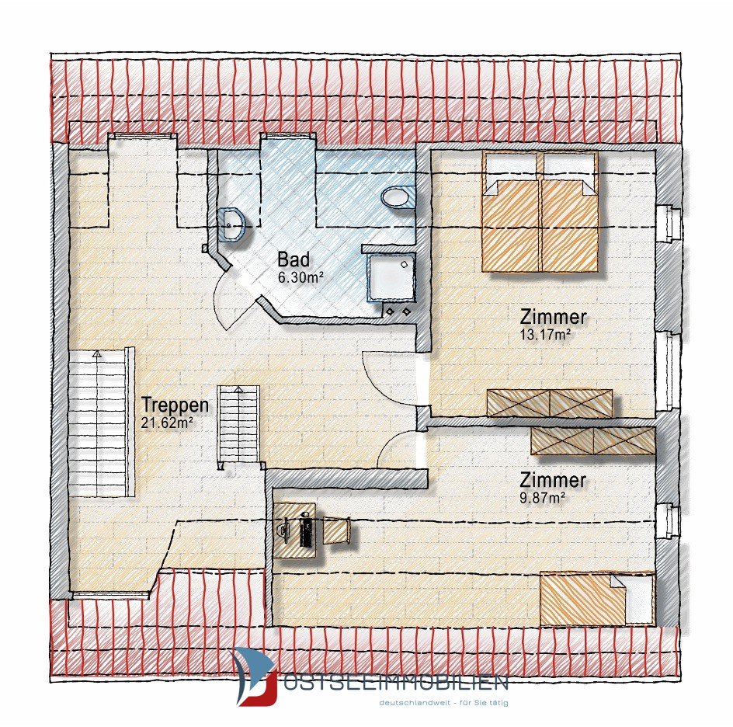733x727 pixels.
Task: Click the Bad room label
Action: click(293, 259)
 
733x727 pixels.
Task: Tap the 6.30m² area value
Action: click(300, 277)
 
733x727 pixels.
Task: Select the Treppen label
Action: click(175, 405)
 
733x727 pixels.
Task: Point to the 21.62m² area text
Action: click(167, 423)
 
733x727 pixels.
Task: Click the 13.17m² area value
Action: click(545, 334)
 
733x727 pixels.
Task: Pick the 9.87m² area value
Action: click(542, 497)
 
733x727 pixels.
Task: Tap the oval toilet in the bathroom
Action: click(397, 197)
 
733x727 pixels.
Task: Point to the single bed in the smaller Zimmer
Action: click(596, 598)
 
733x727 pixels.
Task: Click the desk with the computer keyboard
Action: click(295, 530)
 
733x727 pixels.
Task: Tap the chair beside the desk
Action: click(336, 530)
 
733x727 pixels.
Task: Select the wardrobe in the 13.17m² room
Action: click(549, 403)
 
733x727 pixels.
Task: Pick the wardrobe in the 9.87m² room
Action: click(592, 440)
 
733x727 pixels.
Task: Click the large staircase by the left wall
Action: click(102, 423)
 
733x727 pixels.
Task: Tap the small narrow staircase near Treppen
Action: click(238, 426)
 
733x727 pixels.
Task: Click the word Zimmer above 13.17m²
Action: click(553, 317)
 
